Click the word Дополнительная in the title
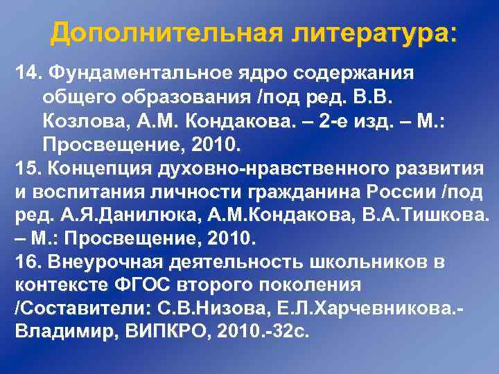(161, 32)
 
